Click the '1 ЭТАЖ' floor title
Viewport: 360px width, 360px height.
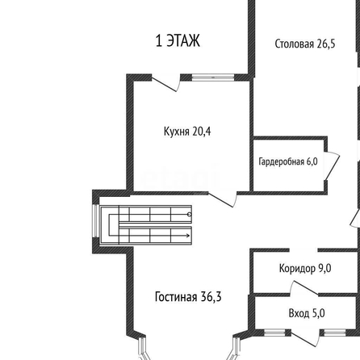coord(178,41)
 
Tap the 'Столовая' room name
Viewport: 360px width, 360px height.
coord(295,44)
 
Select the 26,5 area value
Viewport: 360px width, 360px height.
coord(326,44)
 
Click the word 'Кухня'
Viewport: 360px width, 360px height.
coord(177,132)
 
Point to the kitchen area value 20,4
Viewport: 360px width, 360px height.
coord(202,132)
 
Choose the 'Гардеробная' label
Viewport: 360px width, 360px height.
coord(281,161)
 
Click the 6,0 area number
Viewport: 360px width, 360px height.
coord(312,161)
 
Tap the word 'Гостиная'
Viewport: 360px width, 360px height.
coord(176,297)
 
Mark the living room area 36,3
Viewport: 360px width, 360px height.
coord(211,297)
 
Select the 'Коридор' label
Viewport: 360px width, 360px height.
coord(297,269)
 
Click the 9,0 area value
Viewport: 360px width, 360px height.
coord(324,268)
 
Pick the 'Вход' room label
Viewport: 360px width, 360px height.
coord(299,313)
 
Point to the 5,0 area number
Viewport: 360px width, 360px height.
coord(319,313)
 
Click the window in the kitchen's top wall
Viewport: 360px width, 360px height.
coord(213,77)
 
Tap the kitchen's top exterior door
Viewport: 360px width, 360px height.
coord(165,82)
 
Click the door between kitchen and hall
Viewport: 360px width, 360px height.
coord(223,199)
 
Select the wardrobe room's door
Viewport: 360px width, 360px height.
coord(332,166)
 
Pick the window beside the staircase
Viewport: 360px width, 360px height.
coord(95,221)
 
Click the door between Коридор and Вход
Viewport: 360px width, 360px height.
coord(304,288)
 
